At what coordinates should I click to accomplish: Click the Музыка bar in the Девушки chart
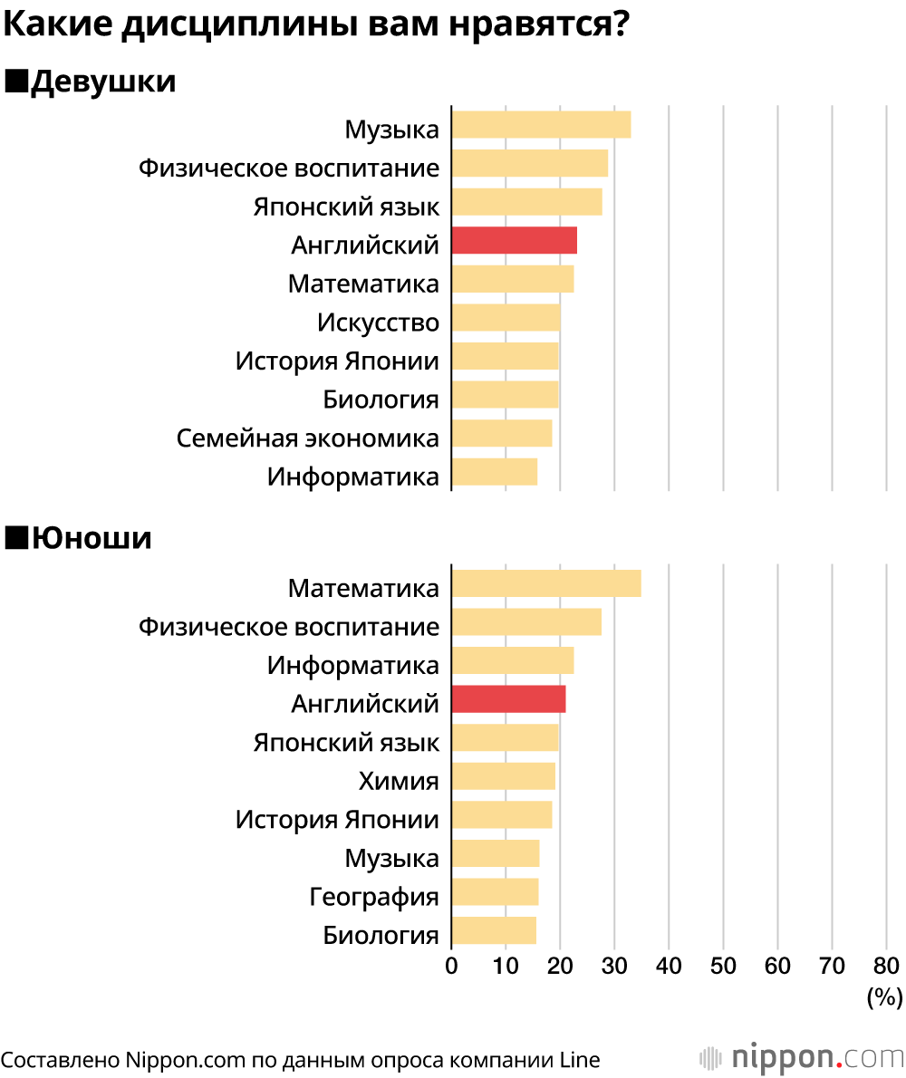(x=541, y=124)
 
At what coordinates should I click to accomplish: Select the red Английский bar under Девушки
(x=514, y=241)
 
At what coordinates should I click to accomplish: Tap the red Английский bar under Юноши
(x=508, y=699)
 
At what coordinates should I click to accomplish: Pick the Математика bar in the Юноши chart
(x=545, y=584)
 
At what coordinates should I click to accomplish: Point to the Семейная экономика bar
(x=501, y=434)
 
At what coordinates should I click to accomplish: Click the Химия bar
(x=503, y=776)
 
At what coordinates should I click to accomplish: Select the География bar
(x=495, y=892)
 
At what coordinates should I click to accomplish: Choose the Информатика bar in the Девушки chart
(x=494, y=472)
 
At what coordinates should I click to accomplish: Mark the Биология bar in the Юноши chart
(x=494, y=930)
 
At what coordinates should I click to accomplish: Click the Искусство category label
(x=378, y=322)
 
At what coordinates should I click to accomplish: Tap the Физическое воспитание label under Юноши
(x=288, y=626)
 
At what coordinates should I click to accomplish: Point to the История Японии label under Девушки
(x=337, y=361)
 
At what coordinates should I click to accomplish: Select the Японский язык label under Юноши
(x=346, y=743)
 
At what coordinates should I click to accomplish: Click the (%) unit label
(x=884, y=997)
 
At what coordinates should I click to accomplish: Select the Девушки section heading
(x=102, y=82)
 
